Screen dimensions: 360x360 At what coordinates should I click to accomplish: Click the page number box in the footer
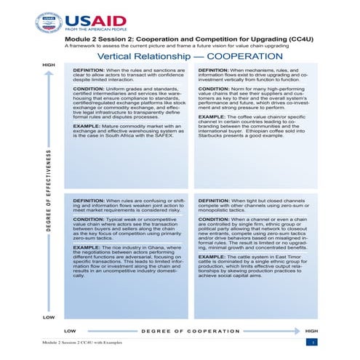pos(312,342)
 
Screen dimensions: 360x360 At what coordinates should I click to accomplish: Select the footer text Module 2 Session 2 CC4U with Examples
pos(81,342)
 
